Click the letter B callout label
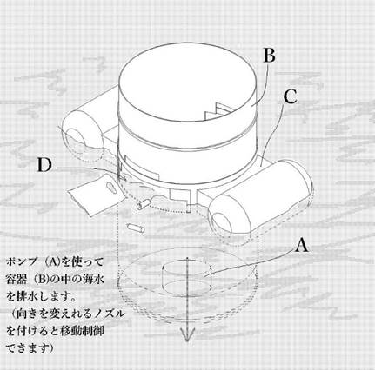(x=269, y=56)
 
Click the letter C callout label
(x=291, y=96)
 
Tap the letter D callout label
(x=44, y=165)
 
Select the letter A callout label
(x=302, y=246)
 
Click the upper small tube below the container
(x=142, y=205)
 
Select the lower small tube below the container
(x=136, y=228)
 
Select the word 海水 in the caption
(x=94, y=280)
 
